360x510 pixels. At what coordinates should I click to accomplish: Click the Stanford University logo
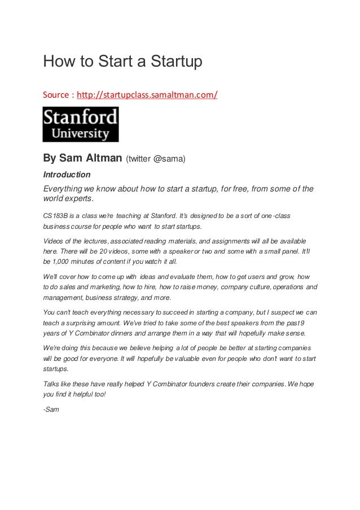point(81,124)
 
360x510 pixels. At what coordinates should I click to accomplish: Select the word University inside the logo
point(81,134)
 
